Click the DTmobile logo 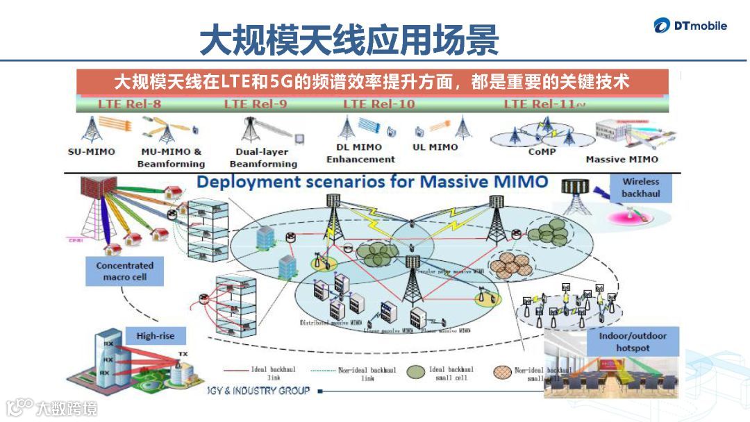pos(690,26)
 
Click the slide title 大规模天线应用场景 pos(349,41)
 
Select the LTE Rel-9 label pos(256,104)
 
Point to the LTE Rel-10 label pos(378,104)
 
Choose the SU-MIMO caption pos(92,151)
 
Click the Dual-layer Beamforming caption pos(262,158)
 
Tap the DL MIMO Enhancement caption pos(360,153)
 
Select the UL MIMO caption pos(435,147)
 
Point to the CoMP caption pos(542,151)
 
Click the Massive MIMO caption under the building pos(622,159)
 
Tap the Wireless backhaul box pos(640,187)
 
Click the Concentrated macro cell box pos(125,271)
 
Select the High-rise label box pos(156,336)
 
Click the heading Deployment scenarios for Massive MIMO pos(372,183)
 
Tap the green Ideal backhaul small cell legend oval pos(417,371)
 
